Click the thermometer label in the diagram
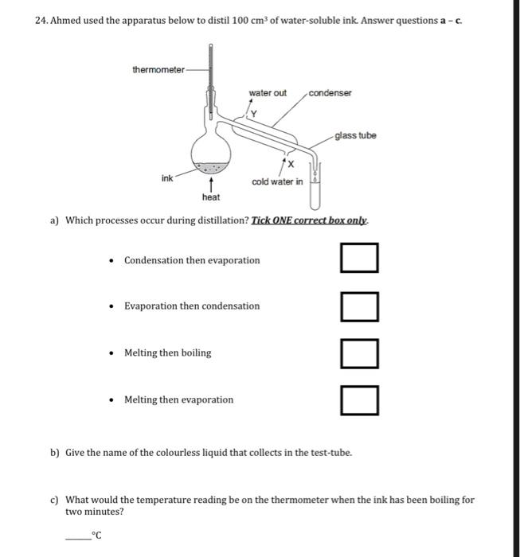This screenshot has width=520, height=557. click(x=158, y=69)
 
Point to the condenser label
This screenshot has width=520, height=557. click(x=330, y=93)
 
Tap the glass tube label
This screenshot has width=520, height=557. click(x=355, y=135)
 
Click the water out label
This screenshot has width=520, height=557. click(x=268, y=93)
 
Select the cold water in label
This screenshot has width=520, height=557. click(x=276, y=181)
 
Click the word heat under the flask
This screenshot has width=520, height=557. click(x=211, y=197)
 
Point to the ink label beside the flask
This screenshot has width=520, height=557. click(x=167, y=178)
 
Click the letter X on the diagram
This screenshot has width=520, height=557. click(x=290, y=164)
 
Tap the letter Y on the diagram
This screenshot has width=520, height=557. click(x=253, y=113)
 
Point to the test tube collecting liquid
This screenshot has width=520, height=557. click(x=316, y=187)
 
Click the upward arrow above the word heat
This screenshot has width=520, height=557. click(x=211, y=183)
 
